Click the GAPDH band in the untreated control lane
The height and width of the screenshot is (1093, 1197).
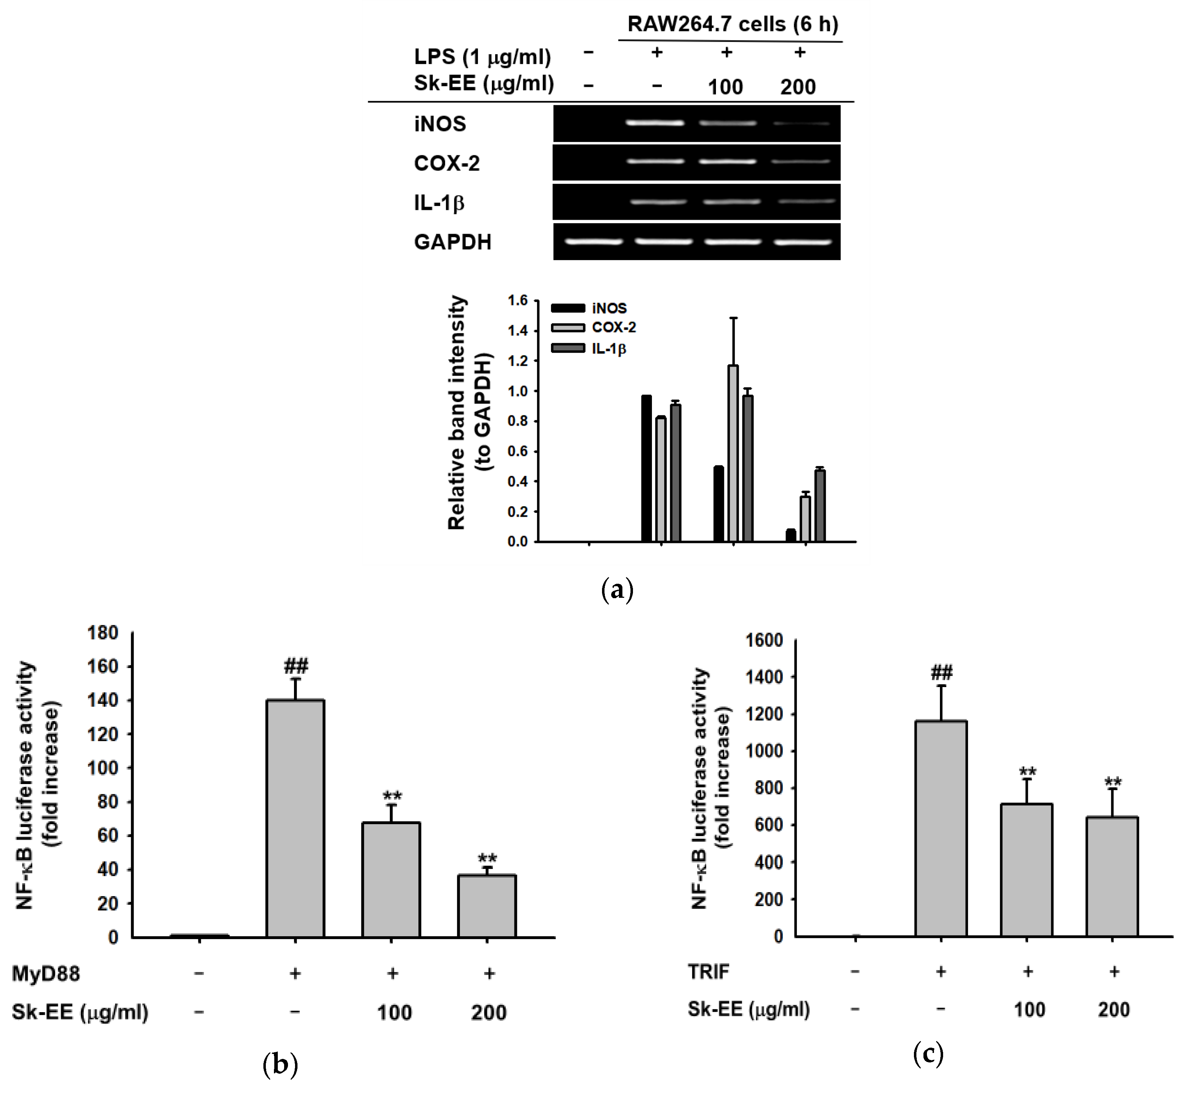(x=593, y=241)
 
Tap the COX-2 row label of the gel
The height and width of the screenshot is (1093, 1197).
(x=447, y=163)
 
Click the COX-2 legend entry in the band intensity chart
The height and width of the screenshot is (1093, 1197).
(x=613, y=328)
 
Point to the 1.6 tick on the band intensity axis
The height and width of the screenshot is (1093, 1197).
(x=518, y=300)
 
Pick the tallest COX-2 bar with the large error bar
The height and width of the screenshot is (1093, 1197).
(x=733, y=454)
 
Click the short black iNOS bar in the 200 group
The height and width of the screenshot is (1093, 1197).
(x=790, y=535)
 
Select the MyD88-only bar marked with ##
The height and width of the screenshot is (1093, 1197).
(x=295, y=819)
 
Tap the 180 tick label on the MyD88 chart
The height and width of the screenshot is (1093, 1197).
(x=103, y=633)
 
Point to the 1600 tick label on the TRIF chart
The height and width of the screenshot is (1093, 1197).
(x=764, y=640)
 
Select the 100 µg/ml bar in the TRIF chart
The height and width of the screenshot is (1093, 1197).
(x=1026, y=871)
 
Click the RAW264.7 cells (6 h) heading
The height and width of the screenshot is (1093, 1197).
(x=733, y=24)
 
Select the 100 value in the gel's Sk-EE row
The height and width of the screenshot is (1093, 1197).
(x=725, y=87)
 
